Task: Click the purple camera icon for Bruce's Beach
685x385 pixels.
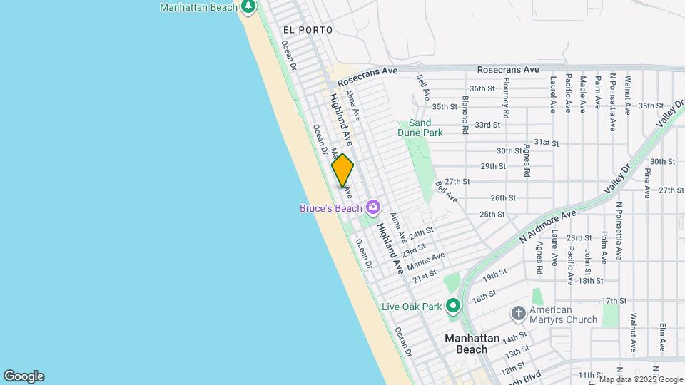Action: tap(372, 207)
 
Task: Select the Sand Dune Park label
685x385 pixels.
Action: tap(420, 128)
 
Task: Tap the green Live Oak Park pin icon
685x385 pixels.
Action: tap(452, 307)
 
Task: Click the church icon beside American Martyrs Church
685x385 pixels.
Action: tap(519, 314)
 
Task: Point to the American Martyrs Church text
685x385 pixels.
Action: tap(564, 314)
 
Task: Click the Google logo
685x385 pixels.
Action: tap(24, 376)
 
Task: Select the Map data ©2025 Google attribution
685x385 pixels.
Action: tap(641, 379)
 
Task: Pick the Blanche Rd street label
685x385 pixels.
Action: tap(465, 115)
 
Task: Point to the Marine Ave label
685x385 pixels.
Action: tap(426, 262)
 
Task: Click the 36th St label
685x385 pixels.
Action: tap(482, 88)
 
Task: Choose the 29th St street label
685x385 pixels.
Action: tap(492, 166)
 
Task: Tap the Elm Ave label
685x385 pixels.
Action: tap(663, 337)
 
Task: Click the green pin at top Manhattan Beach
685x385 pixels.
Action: tap(248, 7)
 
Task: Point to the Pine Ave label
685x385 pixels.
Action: tap(647, 183)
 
